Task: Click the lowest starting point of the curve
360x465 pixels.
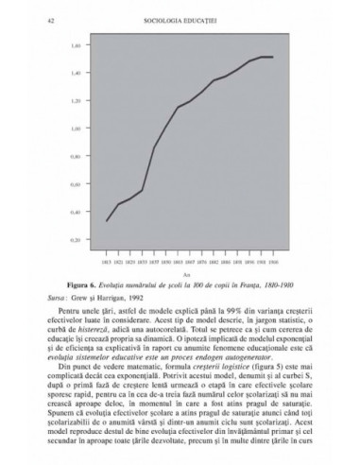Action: tap(106, 221)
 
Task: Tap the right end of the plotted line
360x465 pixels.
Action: tap(273, 58)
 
